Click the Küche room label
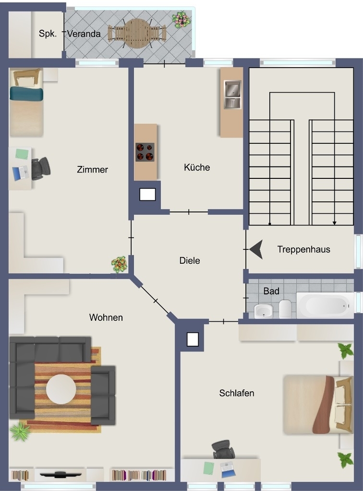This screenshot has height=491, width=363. (x=197, y=167)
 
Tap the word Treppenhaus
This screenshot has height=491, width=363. (x=304, y=249)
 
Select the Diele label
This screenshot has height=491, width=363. (x=190, y=260)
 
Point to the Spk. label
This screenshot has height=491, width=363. (x=48, y=34)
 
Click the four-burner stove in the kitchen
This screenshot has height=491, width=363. (x=145, y=152)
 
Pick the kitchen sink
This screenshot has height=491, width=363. (x=232, y=94)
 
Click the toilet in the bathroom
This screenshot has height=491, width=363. (x=285, y=309)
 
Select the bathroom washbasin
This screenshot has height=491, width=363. (x=263, y=311)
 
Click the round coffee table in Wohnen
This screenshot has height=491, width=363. (x=61, y=389)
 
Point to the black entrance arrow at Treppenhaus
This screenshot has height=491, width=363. (x=256, y=249)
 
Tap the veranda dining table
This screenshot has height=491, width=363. (x=136, y=33)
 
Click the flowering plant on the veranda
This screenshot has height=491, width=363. (x=181, y=20)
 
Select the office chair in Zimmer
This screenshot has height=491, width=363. (x=41, y=168)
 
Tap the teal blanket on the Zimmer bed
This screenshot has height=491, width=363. (x=26, y=94)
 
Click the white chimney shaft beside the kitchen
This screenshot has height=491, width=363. (x=147, y=195)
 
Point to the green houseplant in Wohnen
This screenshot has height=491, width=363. (x=20, y=431)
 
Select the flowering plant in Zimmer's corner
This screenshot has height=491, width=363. (x=120, y=264)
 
